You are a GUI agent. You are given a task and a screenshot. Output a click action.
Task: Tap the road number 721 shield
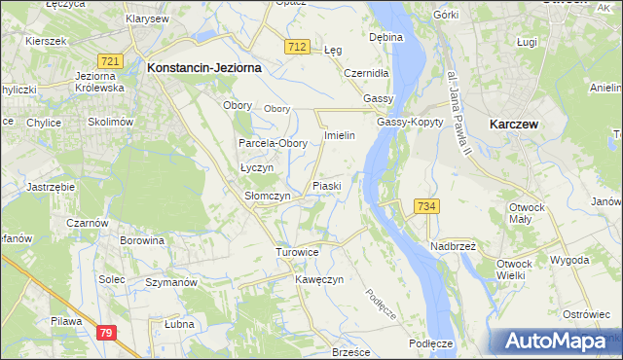(110, 61)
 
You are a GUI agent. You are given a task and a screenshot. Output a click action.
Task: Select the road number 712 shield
(298, 47)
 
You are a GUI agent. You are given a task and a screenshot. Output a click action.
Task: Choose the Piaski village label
(325, 185)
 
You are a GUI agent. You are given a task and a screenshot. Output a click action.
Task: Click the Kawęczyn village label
(320, 279)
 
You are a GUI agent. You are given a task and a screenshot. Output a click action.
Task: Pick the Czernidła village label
(367, 73)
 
